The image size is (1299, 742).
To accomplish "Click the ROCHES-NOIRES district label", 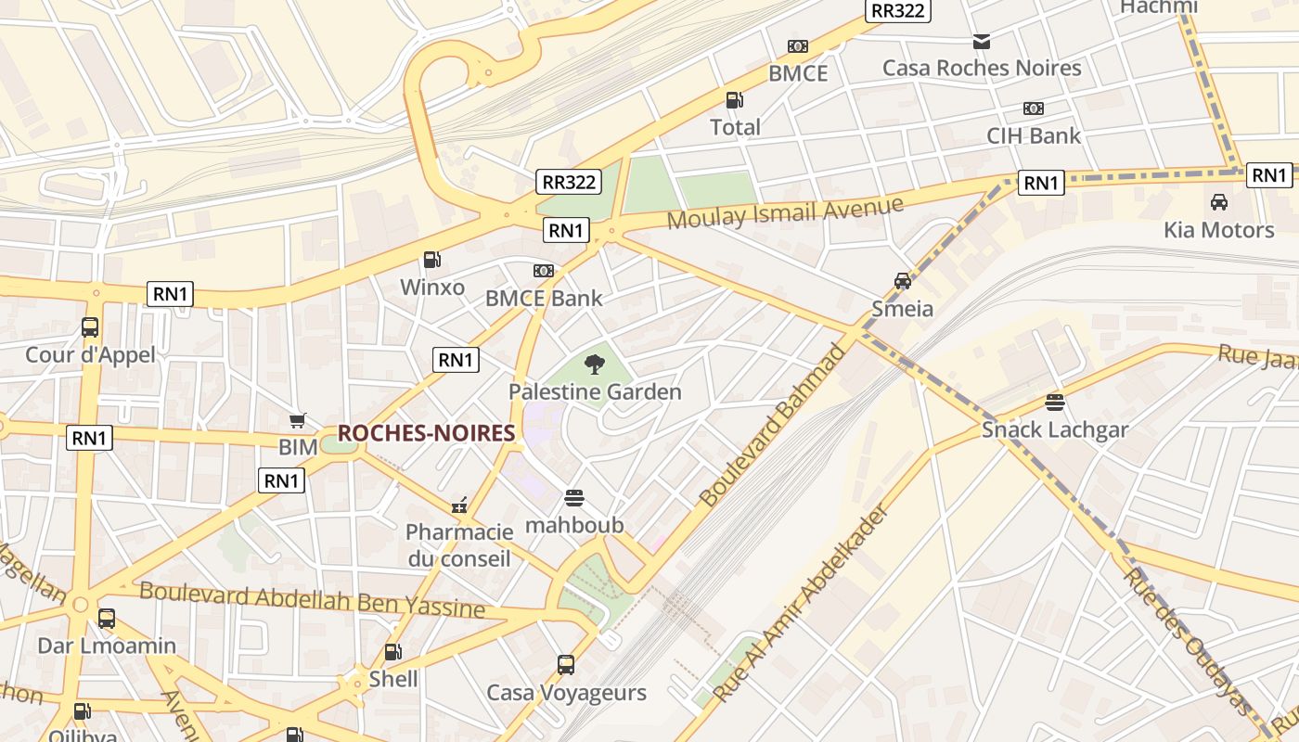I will (426, 433).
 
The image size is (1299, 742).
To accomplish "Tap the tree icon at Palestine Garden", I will (595, 365).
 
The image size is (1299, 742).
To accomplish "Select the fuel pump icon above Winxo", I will (431, 260).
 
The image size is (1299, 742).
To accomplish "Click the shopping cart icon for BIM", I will (298, 421).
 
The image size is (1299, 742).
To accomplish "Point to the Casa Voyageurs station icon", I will (566, 665).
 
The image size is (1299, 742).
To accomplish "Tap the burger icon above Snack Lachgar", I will (1055, 403).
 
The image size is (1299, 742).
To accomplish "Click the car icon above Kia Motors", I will (1219, 201).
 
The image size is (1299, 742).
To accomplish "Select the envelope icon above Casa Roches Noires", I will (982, 41).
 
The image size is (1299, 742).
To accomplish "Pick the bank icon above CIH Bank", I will (1034, 109).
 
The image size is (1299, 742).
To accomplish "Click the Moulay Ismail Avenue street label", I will (785, 213).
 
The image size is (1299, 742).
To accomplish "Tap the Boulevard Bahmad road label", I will (773, 426).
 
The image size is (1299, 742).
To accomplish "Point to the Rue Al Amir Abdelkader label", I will (801, 604).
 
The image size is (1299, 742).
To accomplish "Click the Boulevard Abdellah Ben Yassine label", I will (312, 599).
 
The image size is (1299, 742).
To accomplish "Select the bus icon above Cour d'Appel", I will (90, 327).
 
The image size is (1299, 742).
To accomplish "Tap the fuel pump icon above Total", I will (734, 100).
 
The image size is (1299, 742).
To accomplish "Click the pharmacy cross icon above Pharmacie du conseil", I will (458, 505).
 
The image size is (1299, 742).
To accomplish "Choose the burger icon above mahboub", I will (574, 498).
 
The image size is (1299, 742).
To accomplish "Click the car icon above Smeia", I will (902, 281).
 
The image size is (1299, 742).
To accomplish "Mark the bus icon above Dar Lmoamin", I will (107, 619).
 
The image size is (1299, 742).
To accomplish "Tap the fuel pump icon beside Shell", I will (393, 653).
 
